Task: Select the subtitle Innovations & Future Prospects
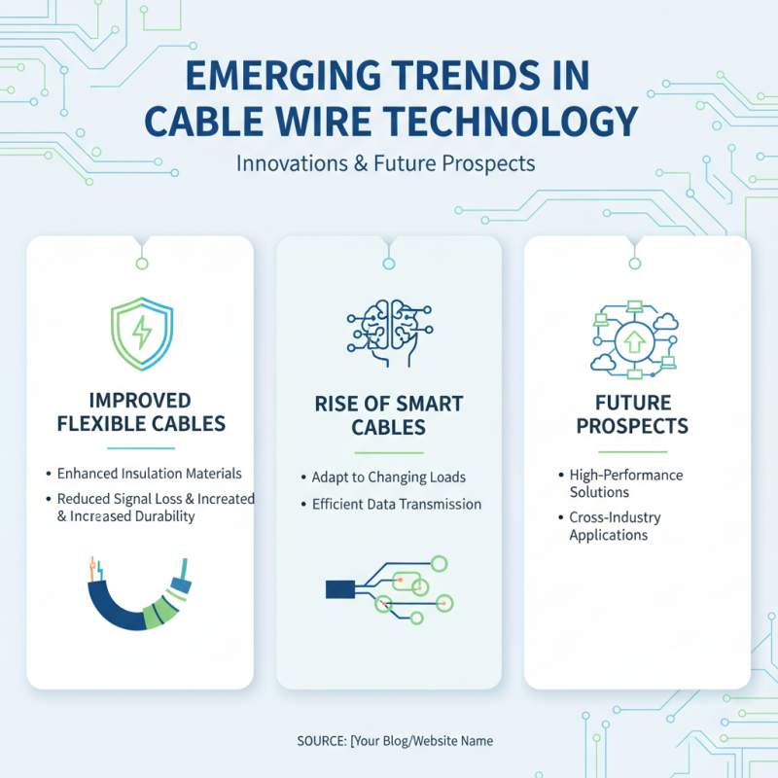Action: [x=386, y=161]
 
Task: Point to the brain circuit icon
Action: [x=388, y=331]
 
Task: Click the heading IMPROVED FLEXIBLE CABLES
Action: [x=141, y=411]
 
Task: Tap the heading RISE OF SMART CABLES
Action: [x=388, y=415]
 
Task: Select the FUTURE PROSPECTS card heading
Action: [x=632, y=413]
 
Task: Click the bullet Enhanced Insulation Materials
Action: [x=149, y=474]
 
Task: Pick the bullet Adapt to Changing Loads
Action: [x=388, y=477]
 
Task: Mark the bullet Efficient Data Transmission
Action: [x=396, y=504]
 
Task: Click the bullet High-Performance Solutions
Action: [x=626, y=483]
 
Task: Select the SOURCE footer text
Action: [x=395, y=741]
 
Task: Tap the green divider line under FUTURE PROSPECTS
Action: [x=632, y=451]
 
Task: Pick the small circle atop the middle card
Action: [x=388, y=262]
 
